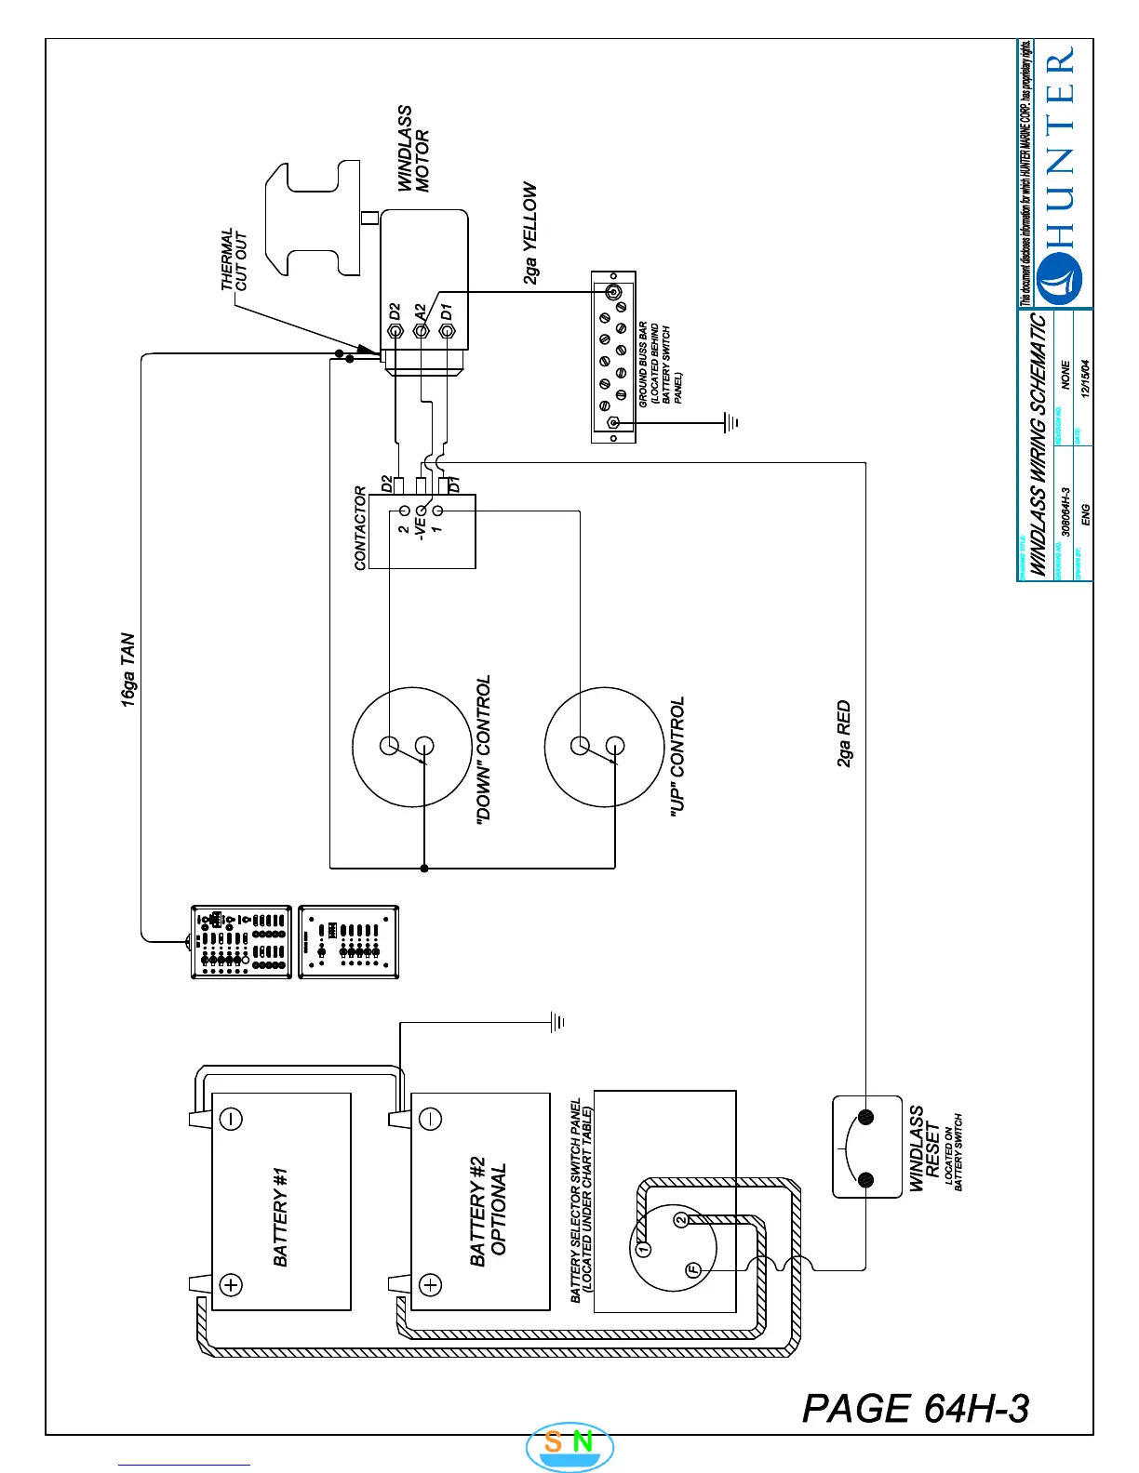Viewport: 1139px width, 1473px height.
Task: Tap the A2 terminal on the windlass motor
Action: pyautogui.click(x=421, y=330)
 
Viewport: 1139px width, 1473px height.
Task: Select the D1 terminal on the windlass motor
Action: pyautogui.click(x=447, y=330)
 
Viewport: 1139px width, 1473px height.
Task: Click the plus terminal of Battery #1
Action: pyautogui.click(x=230, y=1285)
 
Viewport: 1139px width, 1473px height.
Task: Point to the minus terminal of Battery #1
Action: pyautogui.click(x=230, y=1119)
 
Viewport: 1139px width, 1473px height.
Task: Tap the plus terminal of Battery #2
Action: pyautogui.click(x=430, y=1285)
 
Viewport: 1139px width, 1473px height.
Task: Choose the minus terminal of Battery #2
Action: pyautogui.click(x=430, y=1119)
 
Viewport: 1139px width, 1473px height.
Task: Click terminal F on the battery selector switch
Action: pyautogui.click(x=693, y=1270)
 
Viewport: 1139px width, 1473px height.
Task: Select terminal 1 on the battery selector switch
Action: pyautogui.click(x=642, y=1249)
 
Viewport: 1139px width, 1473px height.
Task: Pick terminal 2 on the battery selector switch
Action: pyautogui.click(x=681, y=1219)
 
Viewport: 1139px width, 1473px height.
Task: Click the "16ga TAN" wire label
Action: pyautogui.click(x=128, y=670)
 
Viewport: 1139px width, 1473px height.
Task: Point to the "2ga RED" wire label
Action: pyautogui.click(x=844, y=734)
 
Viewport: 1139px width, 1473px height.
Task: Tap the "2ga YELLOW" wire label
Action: pyautogui.click(x=529, y=232)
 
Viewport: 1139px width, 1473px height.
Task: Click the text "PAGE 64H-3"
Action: pyautogui.click(x=916, y=1409)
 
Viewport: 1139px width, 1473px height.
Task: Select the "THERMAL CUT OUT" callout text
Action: pyautogui.click(x=234, y=260)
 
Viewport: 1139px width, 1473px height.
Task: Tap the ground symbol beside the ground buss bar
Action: pyautogui.click(x=731, y=423)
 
